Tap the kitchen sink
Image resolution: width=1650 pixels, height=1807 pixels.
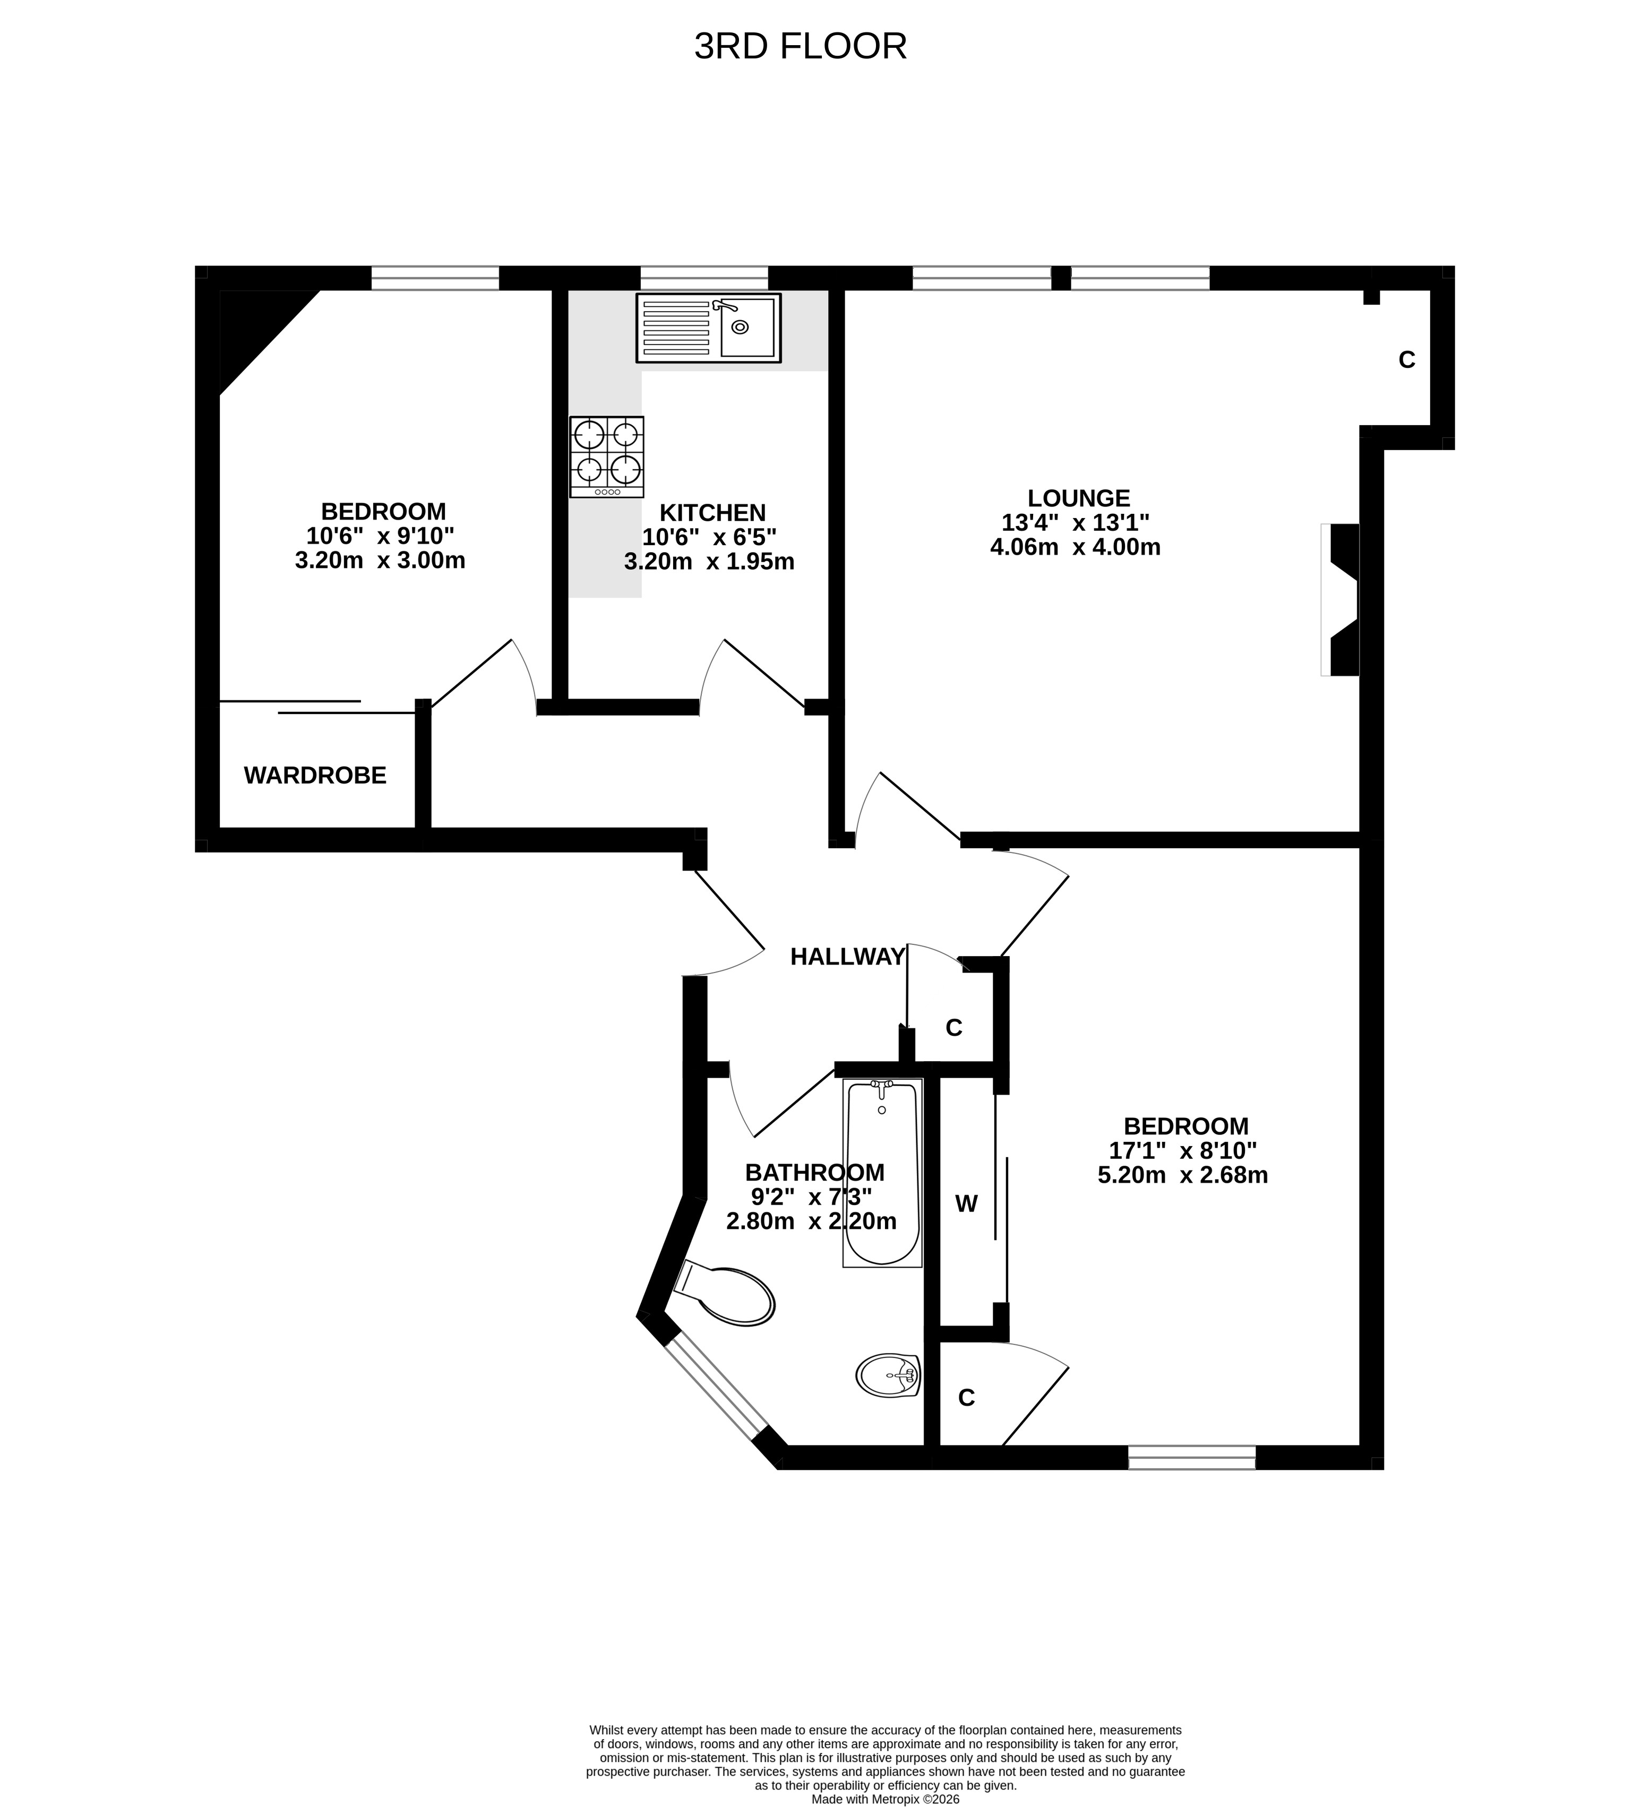pos(708,328)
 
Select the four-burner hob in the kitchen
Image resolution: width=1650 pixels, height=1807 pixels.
pos(607,457)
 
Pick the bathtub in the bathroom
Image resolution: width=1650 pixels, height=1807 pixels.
pos(882,1173)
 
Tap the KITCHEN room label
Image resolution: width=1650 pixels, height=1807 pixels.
pos(712,513)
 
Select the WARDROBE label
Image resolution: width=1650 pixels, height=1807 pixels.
pos(315,776)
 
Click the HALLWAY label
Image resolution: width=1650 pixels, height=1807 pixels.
pos(847,957)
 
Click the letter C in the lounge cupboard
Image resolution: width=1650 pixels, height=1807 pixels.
pos(1407,359)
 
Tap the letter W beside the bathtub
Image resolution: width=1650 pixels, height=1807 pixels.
pos(966,1204)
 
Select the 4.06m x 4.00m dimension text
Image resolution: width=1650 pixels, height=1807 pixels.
pos(1076,547)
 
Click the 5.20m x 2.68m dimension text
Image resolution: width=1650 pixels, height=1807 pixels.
pos(1183,1175)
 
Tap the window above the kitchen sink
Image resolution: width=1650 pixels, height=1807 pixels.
pos(704,278)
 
